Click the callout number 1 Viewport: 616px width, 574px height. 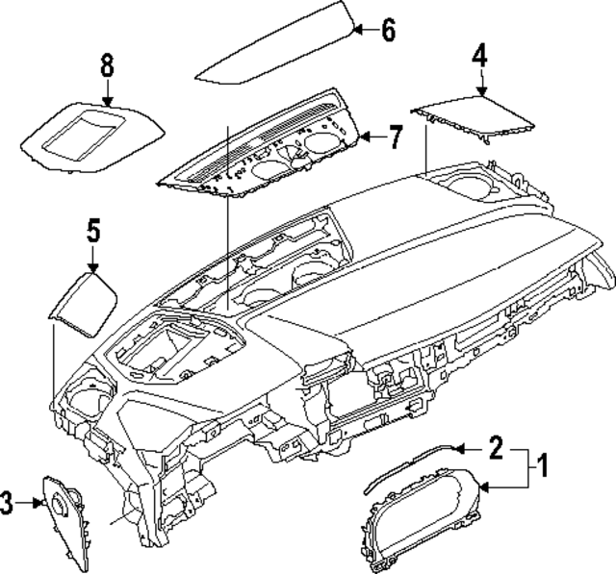pos(541,468)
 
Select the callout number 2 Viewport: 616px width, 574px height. pos(496,447)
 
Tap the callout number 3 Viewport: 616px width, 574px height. pos(9,500)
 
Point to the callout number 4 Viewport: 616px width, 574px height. pos(479,56)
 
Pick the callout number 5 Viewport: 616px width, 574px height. pos(92,231)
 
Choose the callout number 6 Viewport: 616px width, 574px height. pos(387,30)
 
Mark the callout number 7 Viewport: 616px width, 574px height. pos(395,137)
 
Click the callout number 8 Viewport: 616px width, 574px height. pos(106,65)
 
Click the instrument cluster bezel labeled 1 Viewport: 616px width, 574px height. pos(423,519)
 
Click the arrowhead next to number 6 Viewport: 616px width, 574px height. pos(353,30)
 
